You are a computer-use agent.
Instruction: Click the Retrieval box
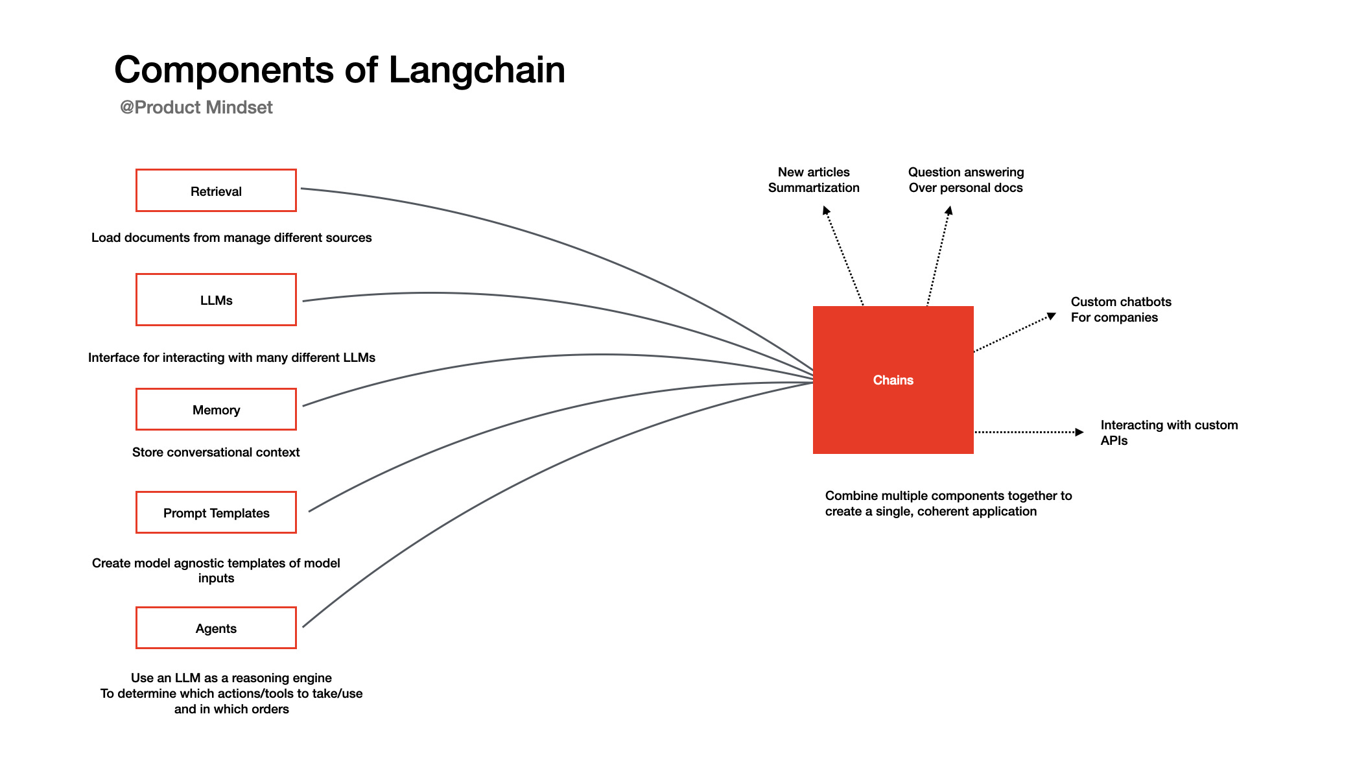coord(216,191)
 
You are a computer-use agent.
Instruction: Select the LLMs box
coord(216,300)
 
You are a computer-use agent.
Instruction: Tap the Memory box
coord(216,409)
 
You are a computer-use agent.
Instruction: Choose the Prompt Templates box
coord(216,512)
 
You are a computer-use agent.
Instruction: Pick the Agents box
coord(216,628)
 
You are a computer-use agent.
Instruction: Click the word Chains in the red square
coord(893,380)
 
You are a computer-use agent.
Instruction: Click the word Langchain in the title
coord(477,70)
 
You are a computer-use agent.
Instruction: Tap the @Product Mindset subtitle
coord(196,107)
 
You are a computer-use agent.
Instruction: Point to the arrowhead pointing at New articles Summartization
coord(825,210)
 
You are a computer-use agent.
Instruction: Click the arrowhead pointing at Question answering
coord(948,210)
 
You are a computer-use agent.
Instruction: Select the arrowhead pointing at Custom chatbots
coord(1052,316)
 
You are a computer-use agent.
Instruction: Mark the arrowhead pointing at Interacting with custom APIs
coord(1079,432)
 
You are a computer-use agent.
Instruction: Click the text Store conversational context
coord(216,452)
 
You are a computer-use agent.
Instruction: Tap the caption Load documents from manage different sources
coord(231,237)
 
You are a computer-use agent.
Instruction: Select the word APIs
coord(1114,441)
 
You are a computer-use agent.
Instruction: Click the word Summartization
coord(814,188)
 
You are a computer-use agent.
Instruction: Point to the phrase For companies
coord(1114,318)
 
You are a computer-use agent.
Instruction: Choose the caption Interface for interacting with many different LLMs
coord(231,357)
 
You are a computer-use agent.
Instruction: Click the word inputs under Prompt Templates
coord(216,578)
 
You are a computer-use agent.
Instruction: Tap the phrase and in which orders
coord(231,709)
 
